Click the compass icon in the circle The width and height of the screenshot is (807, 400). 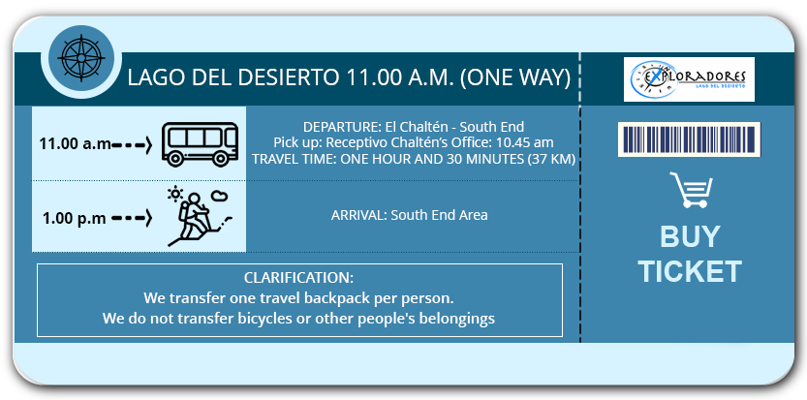pos(80,58)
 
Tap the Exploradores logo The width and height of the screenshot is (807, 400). pos(689,79)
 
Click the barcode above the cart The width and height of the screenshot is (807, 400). pos(689,139)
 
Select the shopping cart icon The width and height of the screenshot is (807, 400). pos(691,190)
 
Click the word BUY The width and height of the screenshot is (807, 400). pos(690,236)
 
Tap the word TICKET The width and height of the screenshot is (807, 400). pos(690,271)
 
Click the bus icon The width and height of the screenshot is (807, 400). pos(201,143)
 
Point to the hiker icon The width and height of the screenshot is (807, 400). pos(200,217)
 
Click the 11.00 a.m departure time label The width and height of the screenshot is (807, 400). pos(76,143)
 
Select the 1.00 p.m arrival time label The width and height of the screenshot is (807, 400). pos(75,218)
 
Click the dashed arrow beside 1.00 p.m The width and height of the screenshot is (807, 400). pos(132,218)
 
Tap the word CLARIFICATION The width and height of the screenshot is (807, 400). pos(298,278)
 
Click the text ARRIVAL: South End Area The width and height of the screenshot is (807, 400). pos(409,215)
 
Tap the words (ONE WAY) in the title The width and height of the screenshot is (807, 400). pos(514,77)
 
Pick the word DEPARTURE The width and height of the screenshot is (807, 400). pos(334,127)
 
